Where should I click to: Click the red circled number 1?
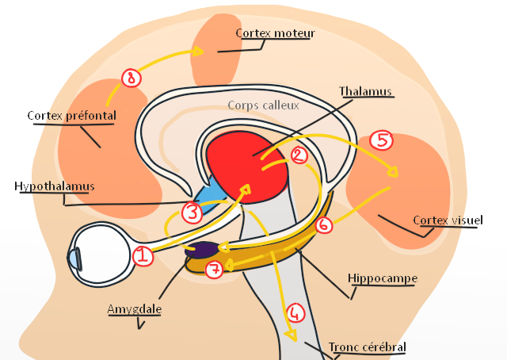tap(143, 255)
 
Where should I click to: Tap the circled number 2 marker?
tap(299, 155)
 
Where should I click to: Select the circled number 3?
tap(193, 212)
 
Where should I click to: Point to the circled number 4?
tap(295, 312)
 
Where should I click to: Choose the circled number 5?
tap(382, 140)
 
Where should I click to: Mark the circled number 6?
tap(323, 225)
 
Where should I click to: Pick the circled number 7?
tap(213, 270)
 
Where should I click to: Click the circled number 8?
tap(132, 77)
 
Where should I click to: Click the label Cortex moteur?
tap(275, 33)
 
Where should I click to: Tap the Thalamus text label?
tap(366, 92)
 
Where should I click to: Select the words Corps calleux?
tap(263, 105)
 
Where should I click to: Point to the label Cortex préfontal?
tap(71, 116)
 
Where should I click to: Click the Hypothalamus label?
tap(54, 186)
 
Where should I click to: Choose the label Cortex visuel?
tap(448, 220)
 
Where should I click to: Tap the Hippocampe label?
tap(382, 279)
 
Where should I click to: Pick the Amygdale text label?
tap(134, 308)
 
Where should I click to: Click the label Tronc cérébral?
tap(367, 347)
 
